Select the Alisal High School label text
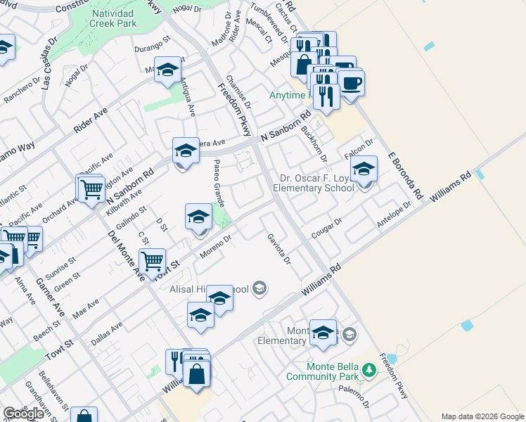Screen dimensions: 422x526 click(207, 288)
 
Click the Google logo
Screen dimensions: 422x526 click(24, 414)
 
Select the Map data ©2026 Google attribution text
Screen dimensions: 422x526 click(482, 416)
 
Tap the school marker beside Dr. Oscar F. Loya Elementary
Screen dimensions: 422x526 click(364, 170)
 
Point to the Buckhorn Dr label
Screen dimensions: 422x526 click(314, 143)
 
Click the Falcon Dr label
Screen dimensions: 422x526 click(357, 148)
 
